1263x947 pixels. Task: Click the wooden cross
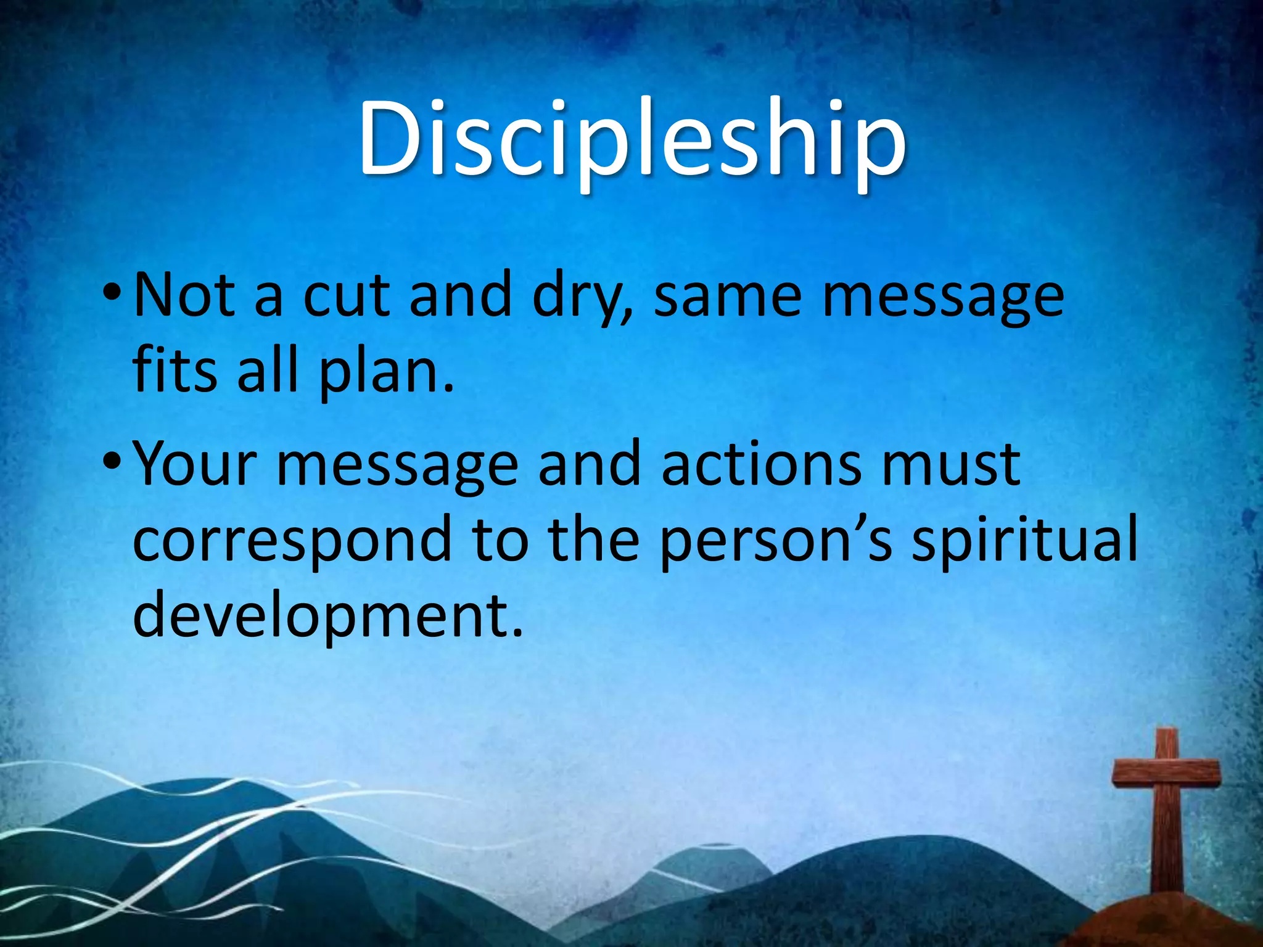click(x=1166, y=814)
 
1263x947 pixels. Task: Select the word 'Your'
click(x=194, y=464)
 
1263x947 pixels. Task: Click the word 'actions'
click(x=762, y=464)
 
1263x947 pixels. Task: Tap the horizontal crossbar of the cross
click(x=1166, y=773)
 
